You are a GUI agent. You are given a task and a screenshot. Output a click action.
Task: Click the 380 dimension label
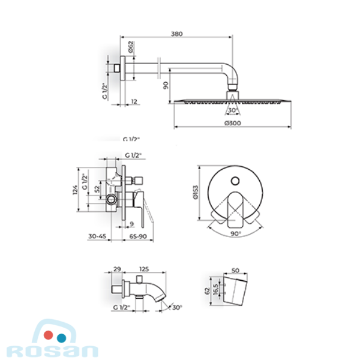coord(177,34)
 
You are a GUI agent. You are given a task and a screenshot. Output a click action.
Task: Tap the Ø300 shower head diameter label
coord(233,123)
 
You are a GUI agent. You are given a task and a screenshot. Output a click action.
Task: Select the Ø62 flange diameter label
coord(131,47)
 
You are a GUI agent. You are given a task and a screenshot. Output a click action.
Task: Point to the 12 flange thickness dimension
coord(134,101)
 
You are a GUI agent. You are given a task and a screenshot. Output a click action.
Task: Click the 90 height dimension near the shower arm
coord(166,85)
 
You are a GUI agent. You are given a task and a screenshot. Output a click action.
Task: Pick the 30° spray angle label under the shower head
coord(233,110)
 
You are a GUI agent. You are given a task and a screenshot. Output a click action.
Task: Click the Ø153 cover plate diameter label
coord(196,193)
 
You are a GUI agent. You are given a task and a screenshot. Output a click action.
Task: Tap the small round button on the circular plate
coord(235,181)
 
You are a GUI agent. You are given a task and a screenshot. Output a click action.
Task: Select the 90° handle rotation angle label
coord(236,234)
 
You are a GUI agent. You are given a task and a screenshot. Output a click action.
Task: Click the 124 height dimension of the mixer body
coord(75,190)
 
